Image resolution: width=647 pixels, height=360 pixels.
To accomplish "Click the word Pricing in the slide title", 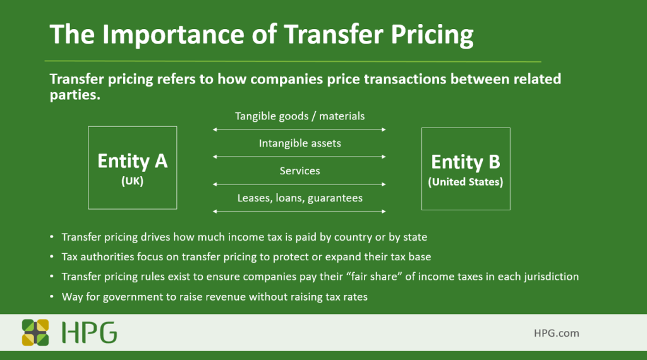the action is coord(432,34).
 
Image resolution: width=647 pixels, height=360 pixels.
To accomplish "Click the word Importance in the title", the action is coord(174,35).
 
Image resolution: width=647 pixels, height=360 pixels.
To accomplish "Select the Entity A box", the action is coord(133,167).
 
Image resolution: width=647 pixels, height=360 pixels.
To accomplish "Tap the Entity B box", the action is coord(466,169).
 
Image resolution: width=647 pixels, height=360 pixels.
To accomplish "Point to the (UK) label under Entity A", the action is coord(133,181).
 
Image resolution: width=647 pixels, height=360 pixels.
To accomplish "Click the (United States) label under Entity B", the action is coord(466,182).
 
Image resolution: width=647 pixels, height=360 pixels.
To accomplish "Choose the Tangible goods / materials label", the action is coord(300,116).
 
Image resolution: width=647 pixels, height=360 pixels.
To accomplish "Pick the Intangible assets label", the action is coord(300,143).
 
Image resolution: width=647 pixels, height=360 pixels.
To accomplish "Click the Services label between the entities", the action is coord(300,171).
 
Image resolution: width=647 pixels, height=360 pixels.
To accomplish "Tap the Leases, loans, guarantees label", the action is coord(300,198).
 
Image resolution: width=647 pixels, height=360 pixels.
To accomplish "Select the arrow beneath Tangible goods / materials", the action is coord(299,129).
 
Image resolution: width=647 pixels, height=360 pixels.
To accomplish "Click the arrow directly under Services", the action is coord(299,184).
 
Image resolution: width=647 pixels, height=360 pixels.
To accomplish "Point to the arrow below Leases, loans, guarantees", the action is coord(299,212).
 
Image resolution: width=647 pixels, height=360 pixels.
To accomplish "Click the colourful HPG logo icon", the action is coord(35,332).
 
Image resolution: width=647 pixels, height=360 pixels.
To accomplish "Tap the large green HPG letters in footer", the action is coord(89,332).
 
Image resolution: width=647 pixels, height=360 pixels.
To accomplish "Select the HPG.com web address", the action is coord(556,333).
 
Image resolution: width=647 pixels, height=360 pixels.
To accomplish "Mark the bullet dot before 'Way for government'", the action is coord(52,296).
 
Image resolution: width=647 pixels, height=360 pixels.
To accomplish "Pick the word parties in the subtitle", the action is coord(75,95).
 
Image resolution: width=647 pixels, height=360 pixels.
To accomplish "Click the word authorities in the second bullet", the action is coord(107,257).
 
